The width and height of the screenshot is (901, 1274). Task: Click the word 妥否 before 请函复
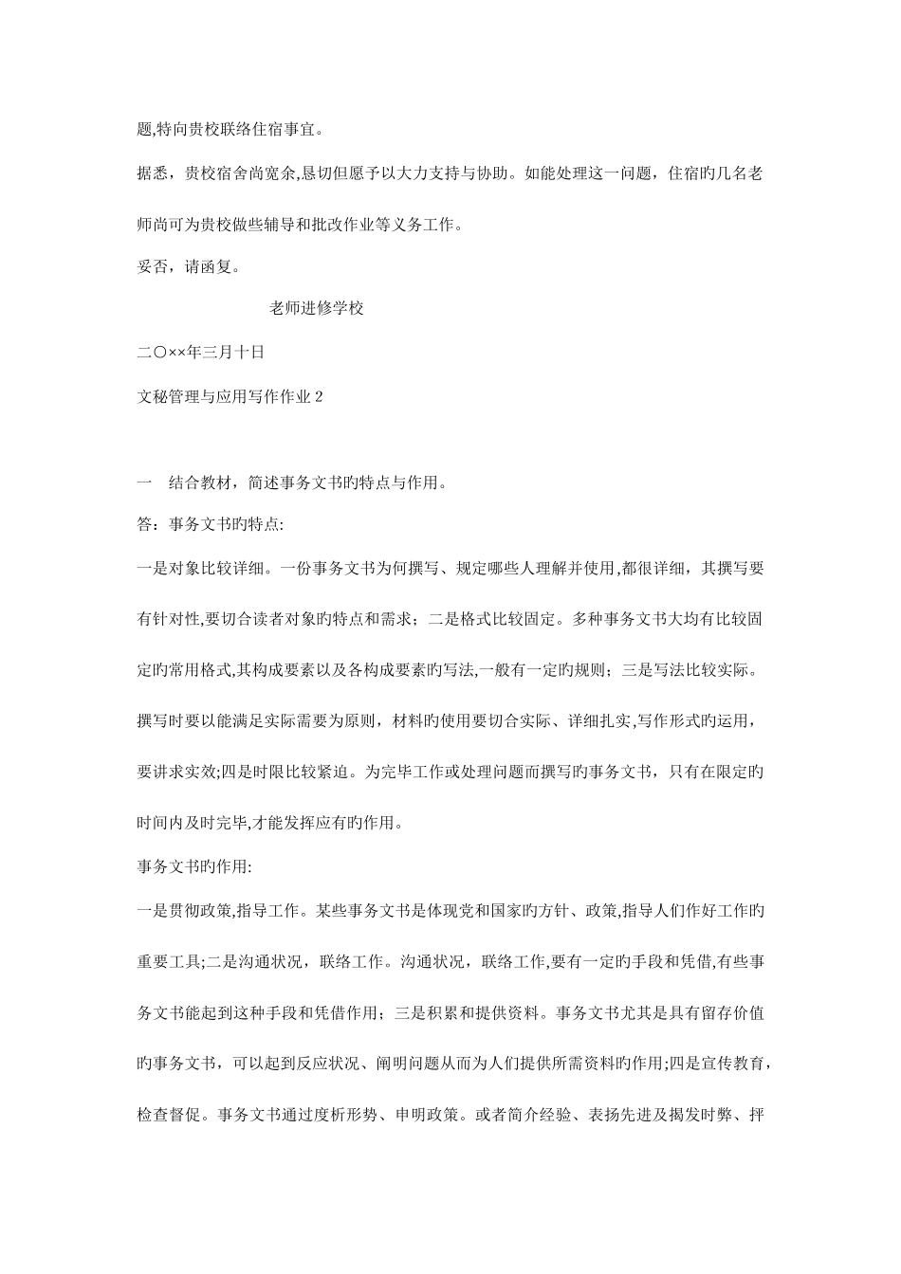[152, 267]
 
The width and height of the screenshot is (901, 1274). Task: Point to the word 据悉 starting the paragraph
[152, 174]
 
